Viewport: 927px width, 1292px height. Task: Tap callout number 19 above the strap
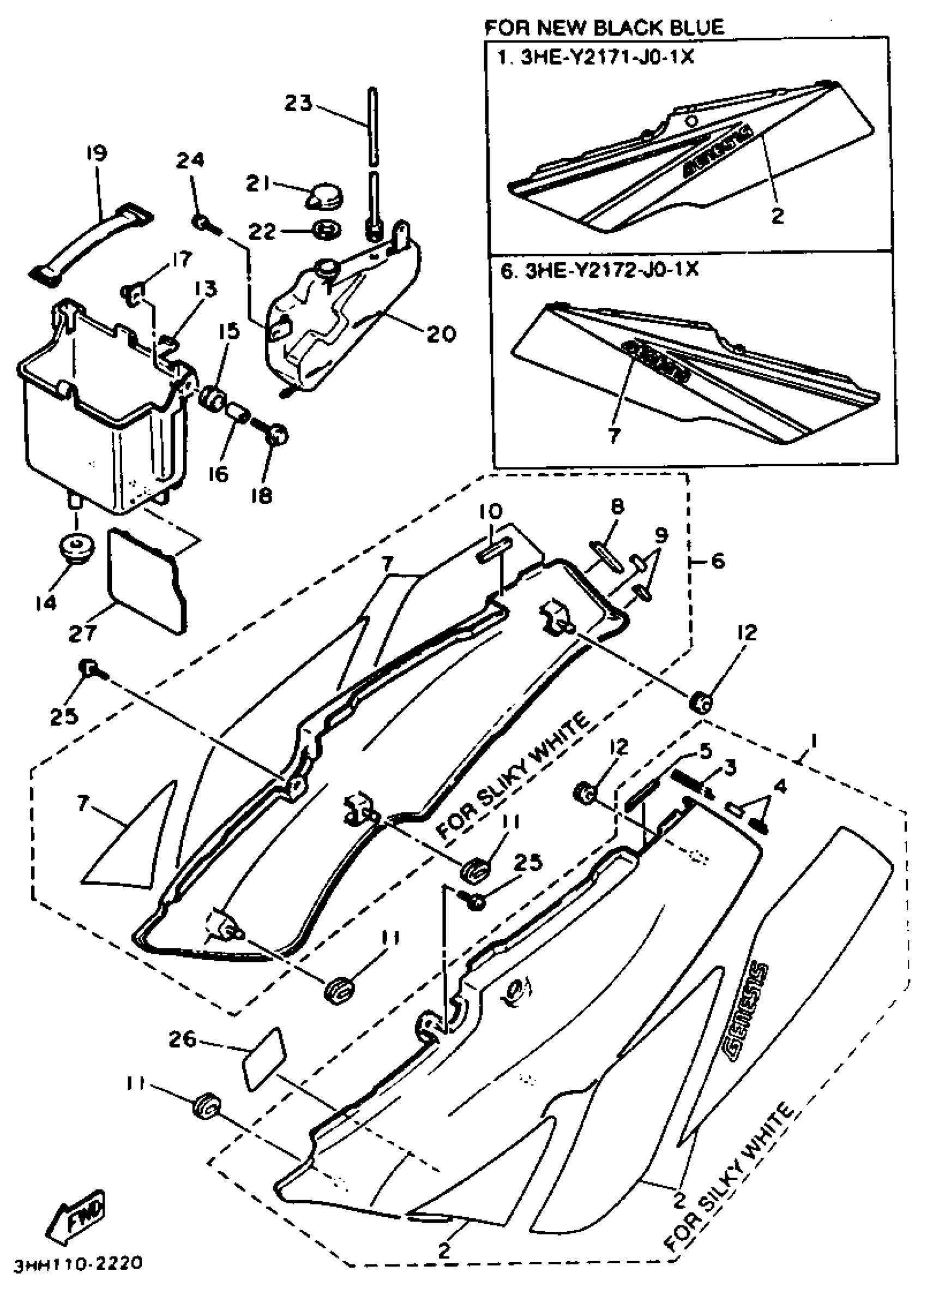[97, 153]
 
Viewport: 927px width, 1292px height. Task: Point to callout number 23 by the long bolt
[299, 103]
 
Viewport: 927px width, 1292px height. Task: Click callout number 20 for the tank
[441, 333]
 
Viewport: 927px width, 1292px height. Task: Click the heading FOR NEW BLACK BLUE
[604, 27]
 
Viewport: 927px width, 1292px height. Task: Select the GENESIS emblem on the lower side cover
[747, 1013]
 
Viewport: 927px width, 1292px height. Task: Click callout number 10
[490, 511]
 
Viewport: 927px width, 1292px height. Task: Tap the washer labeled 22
[327, 231]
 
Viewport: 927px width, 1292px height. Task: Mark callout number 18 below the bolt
[261, 495]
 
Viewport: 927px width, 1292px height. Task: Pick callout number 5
[705, 751]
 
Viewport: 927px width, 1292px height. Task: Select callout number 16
[218, 474]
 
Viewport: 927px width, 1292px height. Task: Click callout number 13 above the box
[204, 289]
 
